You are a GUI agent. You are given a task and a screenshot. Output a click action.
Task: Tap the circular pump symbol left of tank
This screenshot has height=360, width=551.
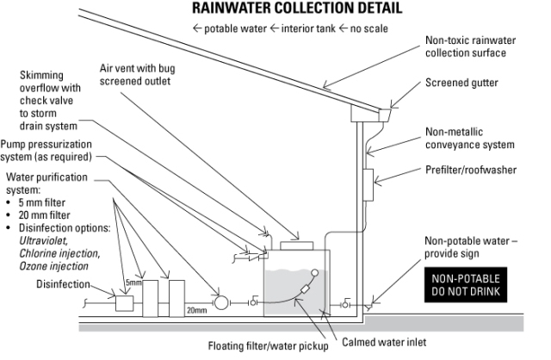(x=221, y=302)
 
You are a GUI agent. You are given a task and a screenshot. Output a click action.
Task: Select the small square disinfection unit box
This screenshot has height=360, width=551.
(x=123, y=302)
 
